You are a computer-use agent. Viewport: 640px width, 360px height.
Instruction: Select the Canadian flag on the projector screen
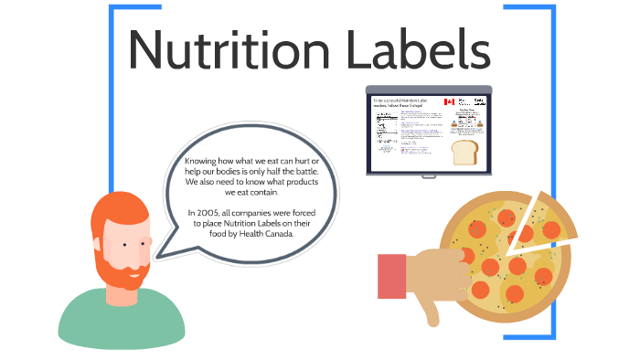pos(450,102)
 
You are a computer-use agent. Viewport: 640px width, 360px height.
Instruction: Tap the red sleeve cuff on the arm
pos(391,275)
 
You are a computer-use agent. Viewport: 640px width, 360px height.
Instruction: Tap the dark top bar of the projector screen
pos(429,89)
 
